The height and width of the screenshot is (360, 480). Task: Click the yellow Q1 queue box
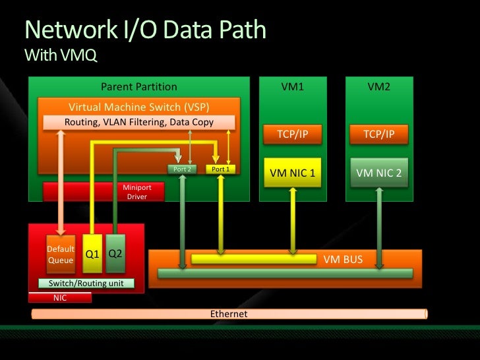(x=92, y=254)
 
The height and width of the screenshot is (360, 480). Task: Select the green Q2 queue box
(x=115, y=254)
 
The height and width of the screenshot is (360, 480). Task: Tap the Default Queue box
(x=61, y=254)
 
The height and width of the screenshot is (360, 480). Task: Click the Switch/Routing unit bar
(x=86, y=283)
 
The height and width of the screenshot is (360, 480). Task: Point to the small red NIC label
(x=60, y=297)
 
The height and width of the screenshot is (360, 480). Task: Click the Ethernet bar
(x=229, y=314)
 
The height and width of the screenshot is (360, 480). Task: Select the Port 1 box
(x=220, y=169)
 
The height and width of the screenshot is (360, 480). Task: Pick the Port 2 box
(x=182, y=169)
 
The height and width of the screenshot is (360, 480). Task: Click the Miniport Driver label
(x=137, y=192)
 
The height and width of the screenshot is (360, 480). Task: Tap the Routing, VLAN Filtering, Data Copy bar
(x=139, y=122)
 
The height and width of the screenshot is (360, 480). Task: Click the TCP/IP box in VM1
(x=293, y=134)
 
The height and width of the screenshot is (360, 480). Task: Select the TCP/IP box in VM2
(x=379, y=134)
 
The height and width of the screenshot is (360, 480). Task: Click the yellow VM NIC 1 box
(x=293, y=173)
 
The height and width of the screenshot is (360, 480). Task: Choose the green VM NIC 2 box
(x=379, y=173)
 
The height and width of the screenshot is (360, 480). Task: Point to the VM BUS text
(x=343, y=260)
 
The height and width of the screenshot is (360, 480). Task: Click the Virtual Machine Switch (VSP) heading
(x=139, y=107)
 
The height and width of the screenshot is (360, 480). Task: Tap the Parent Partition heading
(x=139, y=86)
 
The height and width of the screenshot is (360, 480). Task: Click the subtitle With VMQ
(x=61, y=55)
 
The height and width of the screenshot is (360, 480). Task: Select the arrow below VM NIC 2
(x=379, y=228)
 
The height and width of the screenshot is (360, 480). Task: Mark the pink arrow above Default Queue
(x=61, y=183)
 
